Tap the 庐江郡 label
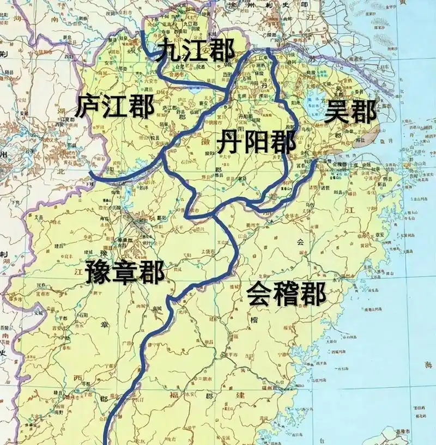point(115,106)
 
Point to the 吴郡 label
point(350,113)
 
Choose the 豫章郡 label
point(125,271)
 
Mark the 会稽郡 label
point(286,295)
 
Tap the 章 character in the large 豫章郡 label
point(125,271)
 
